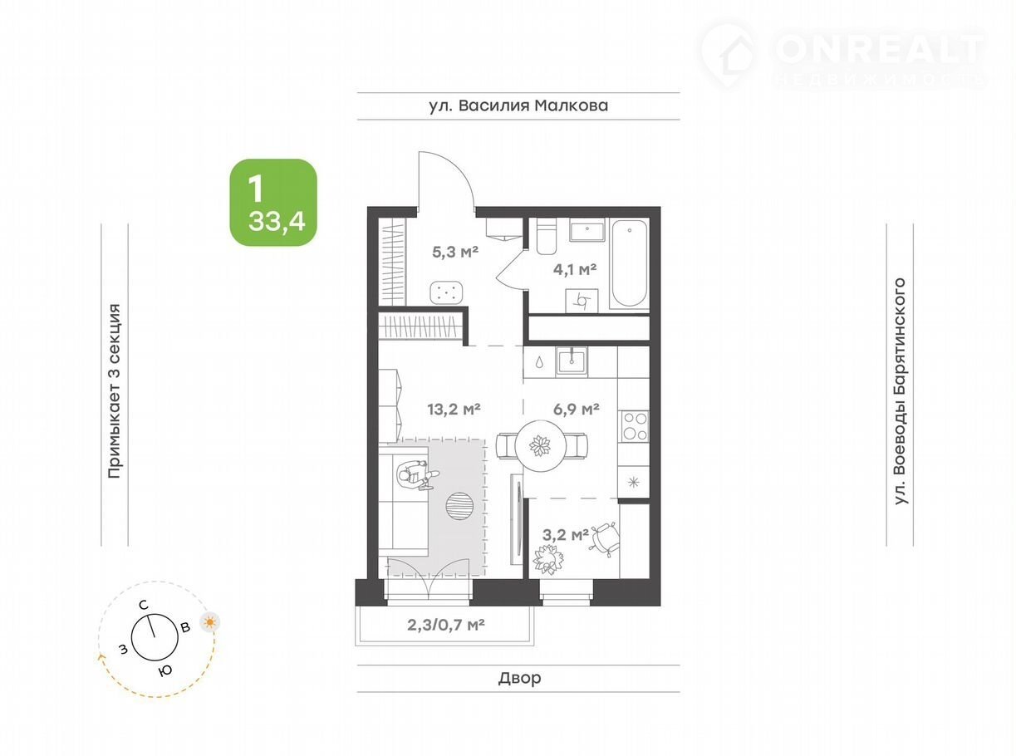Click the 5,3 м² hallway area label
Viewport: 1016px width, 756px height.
click(x=455, y=252)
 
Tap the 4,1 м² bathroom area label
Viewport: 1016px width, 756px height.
click(x=575, y=269)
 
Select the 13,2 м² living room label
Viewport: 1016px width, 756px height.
click(x=454, y=408)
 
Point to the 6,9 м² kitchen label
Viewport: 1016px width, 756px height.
click(x=577, y=408)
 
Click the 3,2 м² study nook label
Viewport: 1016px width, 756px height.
click(x=565, y=535)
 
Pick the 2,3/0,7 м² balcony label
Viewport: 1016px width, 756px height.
click(x=446, y=625)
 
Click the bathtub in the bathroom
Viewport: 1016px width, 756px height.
click(x=630, y=264)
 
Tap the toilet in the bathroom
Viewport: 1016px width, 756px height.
click(x=546, y=236)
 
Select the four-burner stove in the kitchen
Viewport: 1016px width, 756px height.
click(x=634, y=426)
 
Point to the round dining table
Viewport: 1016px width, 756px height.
click(x=540, y=444)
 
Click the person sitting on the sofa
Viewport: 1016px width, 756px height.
click(x=417, y=475)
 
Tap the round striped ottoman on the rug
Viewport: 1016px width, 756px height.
click(x=459, y=506)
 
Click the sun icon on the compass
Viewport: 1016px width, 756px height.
click(x=210, y=622)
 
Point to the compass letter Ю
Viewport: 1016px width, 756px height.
click(x=165, y=670)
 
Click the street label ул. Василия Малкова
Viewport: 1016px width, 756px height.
click(x=518, y=106)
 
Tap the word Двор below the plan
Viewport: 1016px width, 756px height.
click(x=519, y=678)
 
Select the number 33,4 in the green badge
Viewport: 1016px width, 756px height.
click(x=277, y=222)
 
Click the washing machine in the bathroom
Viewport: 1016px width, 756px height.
click(x=582, y=301)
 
